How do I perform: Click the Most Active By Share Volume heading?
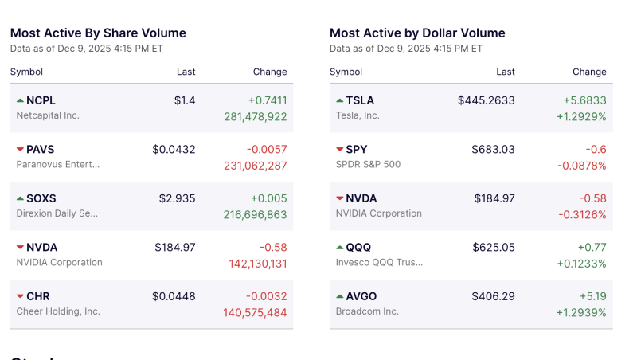[98, 33]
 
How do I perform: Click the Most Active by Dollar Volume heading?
[417, 33]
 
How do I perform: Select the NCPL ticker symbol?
[41, 100]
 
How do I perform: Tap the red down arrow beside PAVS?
[20, 150]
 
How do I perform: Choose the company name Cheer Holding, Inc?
[58, 311]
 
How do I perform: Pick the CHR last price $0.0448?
[174, 296]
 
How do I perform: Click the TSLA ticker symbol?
[360, 100]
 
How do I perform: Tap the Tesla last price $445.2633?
[486, 100]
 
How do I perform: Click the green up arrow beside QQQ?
[340, 248]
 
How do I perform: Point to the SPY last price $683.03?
[493, 150]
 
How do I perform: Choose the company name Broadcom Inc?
[367, 311]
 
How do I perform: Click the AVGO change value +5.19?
[589, 296]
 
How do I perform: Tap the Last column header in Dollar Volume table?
[506, 72]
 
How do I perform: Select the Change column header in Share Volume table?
[270, 72]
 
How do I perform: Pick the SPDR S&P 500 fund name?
[368, 165]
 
